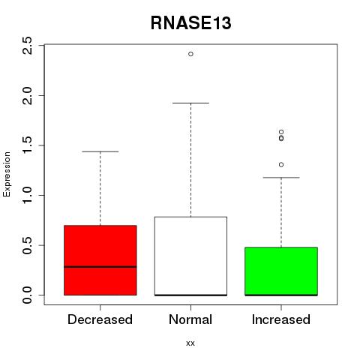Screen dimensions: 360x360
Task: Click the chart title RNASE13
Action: (x=190, y=23)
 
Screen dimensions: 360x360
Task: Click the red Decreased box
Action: (x=100, y=260)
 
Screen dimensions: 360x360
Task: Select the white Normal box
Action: (x=190, y=256)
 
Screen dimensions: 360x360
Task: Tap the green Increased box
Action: (x=281, y=271)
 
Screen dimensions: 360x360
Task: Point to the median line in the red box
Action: (x=100, y=267)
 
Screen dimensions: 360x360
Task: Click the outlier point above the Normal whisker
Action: (x=190, y=54)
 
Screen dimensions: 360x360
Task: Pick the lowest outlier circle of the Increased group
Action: (x=281, y=164)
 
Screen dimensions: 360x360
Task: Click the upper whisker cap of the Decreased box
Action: (x=100, y=151)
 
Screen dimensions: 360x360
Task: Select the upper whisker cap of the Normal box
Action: (x=190, y=103)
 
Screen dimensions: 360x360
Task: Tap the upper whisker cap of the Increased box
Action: (x=281, y=178)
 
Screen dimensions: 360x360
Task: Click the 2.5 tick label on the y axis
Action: (x=27, y=45)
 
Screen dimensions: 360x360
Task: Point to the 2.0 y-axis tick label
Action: (x=27, y=95)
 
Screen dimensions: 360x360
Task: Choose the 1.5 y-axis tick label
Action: (x=27, y=145)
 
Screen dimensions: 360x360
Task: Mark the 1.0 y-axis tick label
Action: (x=27, y=195)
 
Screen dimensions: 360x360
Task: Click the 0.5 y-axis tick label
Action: (x=27, y=245)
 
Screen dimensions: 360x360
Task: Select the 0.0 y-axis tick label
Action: (x=27, y=295)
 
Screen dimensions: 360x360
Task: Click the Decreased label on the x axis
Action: (x=100, y=319)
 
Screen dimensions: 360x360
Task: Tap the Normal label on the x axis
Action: (x=190, y=319)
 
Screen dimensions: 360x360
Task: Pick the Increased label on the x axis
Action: (x=281, y=319)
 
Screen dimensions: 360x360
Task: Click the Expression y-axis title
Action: (x=7, y=174)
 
